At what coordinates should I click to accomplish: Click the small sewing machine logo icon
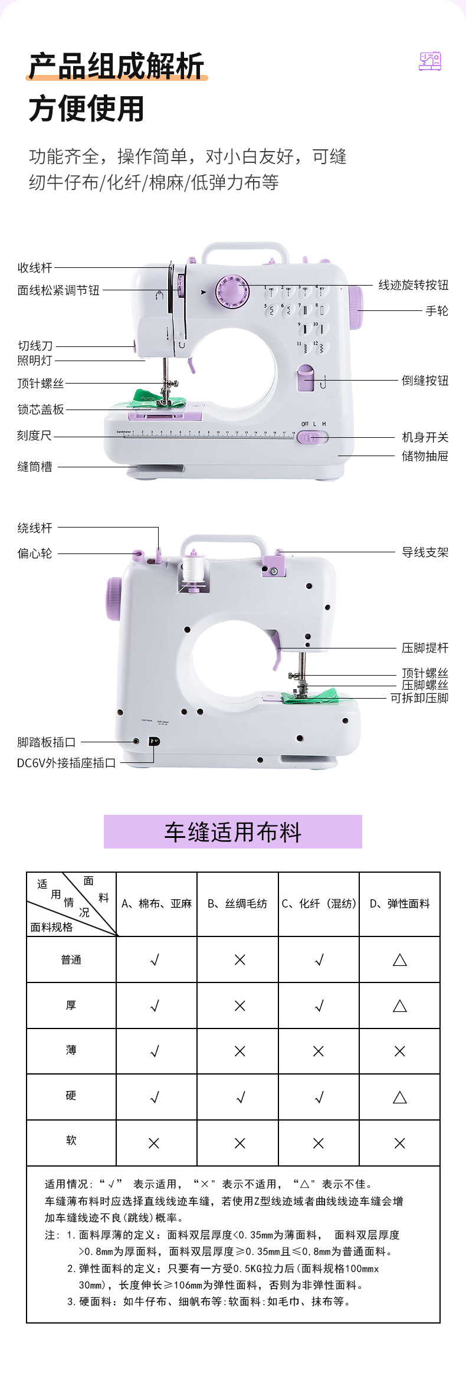(430, 61)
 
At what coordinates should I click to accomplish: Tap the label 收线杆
(35, 268)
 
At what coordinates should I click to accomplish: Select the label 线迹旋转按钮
(413, 285)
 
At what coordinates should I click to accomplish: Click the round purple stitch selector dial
(232, 292)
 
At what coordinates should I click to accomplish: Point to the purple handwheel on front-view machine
(355, 307)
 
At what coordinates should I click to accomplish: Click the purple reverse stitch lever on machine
(306, 379)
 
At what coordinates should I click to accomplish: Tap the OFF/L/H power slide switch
(311, 437)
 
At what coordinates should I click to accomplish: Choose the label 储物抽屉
(425, 456)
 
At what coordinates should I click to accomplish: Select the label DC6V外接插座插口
(66, 763)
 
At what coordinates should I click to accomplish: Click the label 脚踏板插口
(46, 742)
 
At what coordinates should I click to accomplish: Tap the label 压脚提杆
(425, 648)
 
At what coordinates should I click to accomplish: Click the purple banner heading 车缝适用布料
(232, 831)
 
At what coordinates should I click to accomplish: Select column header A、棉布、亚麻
(156, 903)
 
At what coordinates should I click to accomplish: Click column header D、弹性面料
(399, 903)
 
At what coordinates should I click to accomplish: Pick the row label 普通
(71, 959)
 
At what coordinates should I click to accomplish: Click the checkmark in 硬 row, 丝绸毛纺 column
(240, 1097)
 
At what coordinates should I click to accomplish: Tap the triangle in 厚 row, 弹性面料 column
(399, 1005)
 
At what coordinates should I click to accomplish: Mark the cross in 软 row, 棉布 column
(154, 1143)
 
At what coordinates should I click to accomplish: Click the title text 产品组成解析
(116, 65)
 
